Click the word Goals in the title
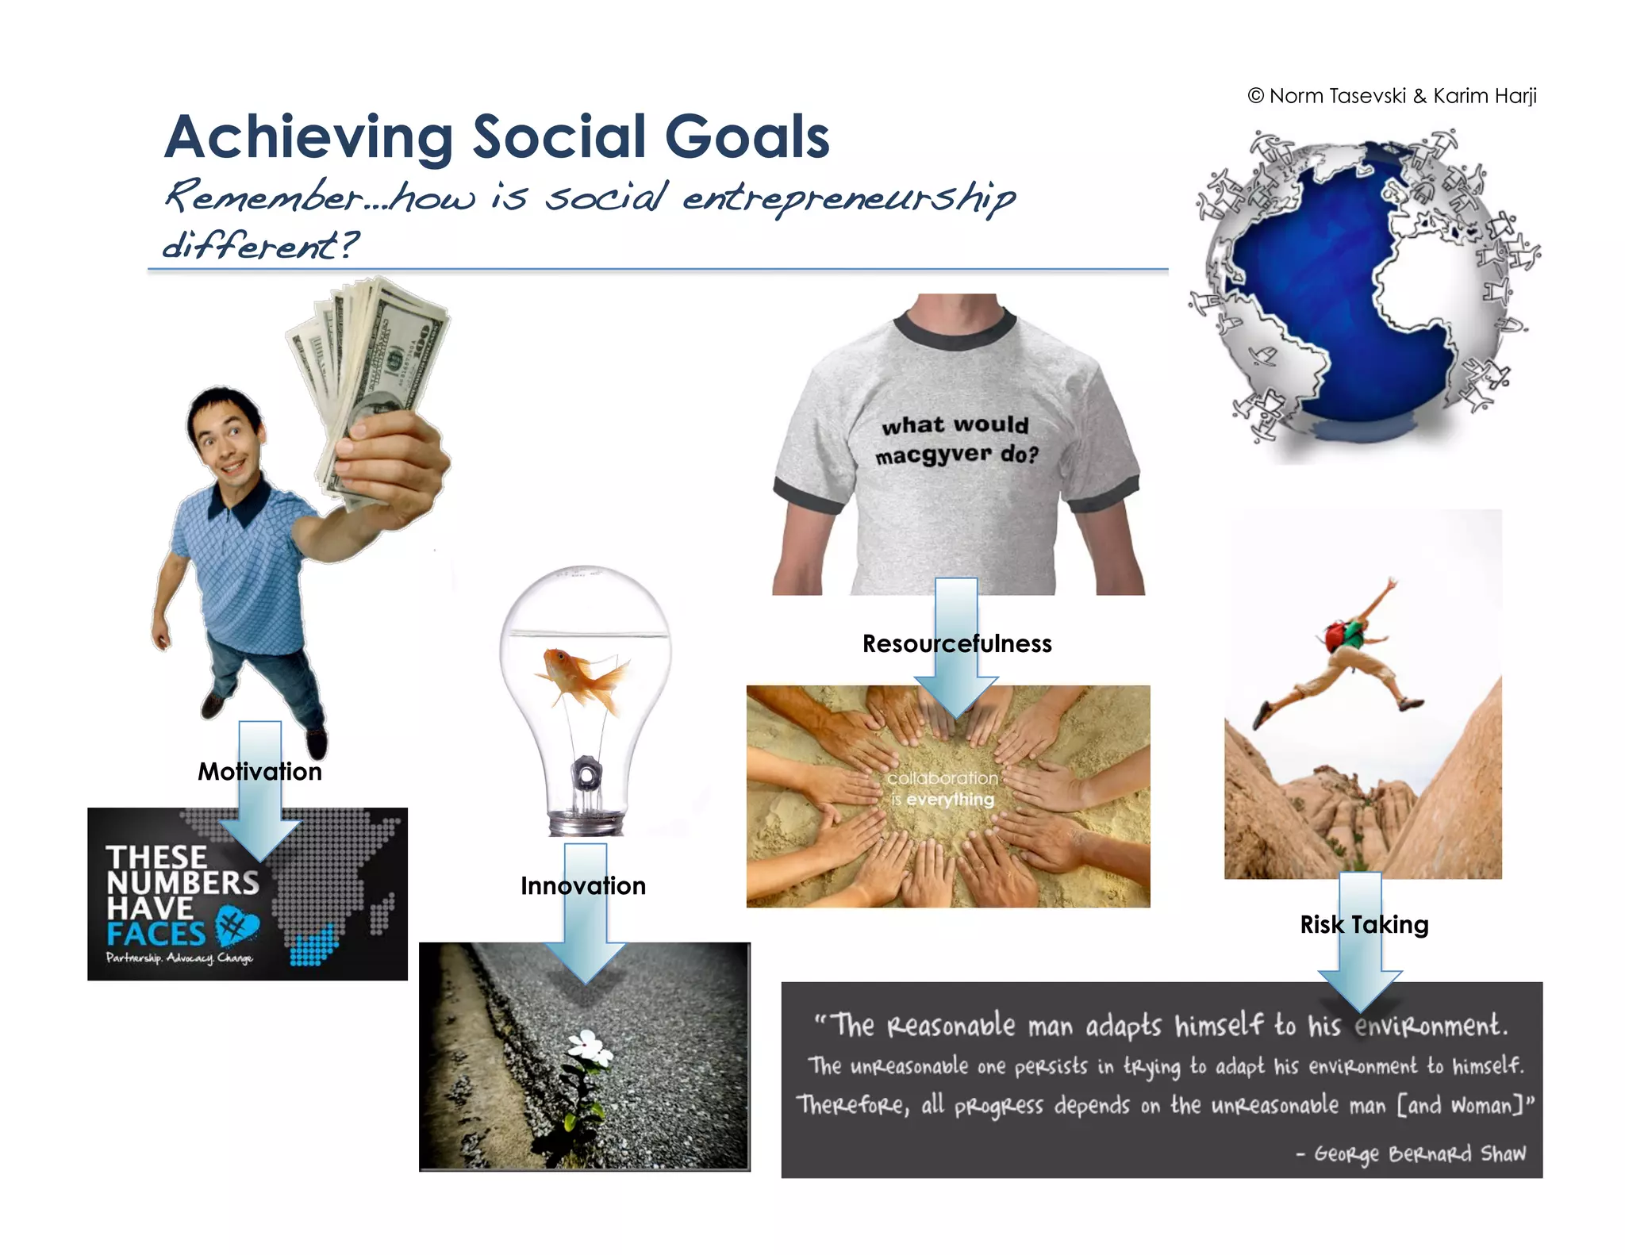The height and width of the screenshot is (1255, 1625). pos(747,137)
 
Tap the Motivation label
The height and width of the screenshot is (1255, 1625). pos(259,771)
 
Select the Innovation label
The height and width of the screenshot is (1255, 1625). pos(583,885)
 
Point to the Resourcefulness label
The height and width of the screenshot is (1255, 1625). pos(957,643)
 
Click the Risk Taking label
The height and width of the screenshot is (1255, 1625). pos(1364,924)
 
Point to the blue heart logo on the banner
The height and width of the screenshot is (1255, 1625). pos(236,925)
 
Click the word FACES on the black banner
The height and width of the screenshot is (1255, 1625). pos(156,934)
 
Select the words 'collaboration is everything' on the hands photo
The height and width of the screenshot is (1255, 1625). pos(942,789)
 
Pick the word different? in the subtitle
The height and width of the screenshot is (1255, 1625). pos(260,245)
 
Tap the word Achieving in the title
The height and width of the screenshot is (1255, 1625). pos(309,137)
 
